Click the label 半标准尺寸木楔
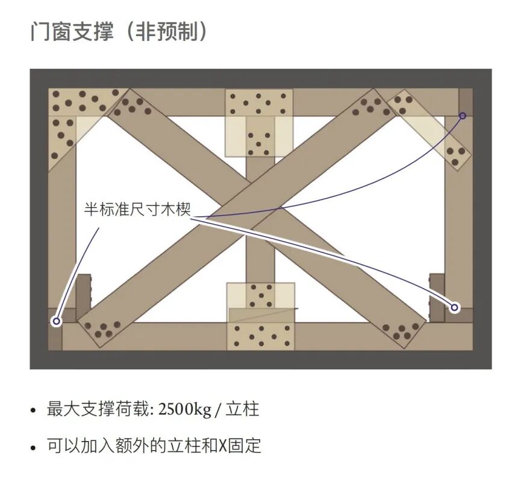(x=137, y=210)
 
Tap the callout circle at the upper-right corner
(x=463, y=115)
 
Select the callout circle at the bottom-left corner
(x=57, y=321)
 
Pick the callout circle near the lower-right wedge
(x=455, y=307)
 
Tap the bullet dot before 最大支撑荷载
(x=34, y=411)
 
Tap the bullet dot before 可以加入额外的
(x=34, y=448)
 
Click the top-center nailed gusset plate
(x=259, y=104)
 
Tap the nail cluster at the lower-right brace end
(x=402, y=330)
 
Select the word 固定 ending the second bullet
(x=248, y=446)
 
